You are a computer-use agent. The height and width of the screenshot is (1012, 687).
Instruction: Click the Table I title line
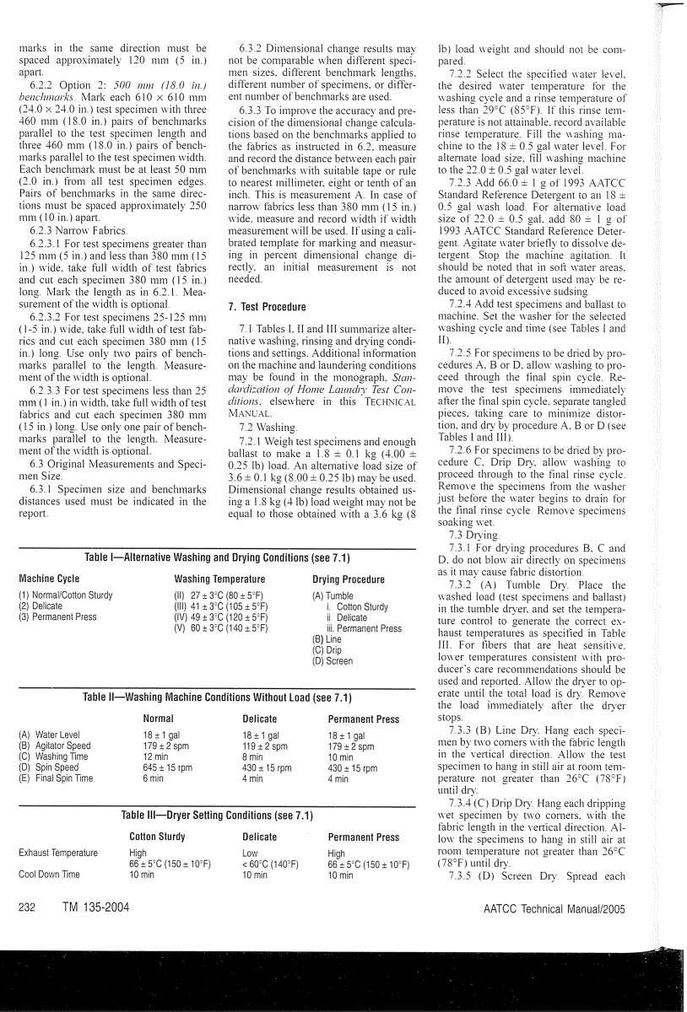click(218, 558)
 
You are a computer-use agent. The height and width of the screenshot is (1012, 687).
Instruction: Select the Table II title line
click(218, 697)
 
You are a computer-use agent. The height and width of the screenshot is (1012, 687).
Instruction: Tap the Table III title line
click(218, 816)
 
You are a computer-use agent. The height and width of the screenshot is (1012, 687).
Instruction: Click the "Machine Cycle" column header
click(49, 579)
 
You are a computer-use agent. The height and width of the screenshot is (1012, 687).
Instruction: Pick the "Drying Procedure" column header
click(348, 579)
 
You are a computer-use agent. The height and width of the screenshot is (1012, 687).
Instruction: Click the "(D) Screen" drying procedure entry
click(333, 661)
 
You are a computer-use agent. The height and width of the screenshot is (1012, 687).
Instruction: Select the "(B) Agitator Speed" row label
click(54, 746)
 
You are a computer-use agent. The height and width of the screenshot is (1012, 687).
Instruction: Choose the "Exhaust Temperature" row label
click(55, 853)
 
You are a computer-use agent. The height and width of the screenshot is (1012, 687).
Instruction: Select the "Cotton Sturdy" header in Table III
click(157, 837)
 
